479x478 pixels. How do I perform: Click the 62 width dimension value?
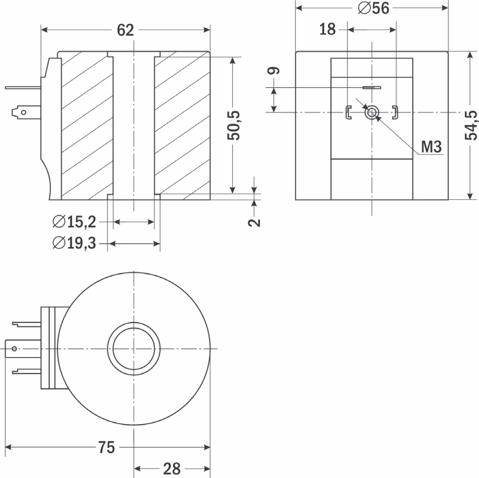pyautogui.click(x=125, y=31)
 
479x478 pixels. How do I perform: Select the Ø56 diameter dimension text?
pyautogui.click(x=374, y=8)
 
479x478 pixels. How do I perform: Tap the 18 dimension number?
pyautogui.click(x=327, y=29)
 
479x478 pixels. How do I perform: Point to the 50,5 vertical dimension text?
pyautogui.click(x=234, y=126)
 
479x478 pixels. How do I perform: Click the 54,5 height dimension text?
pyautogui.click(x=471, y=126)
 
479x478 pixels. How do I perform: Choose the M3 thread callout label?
pyautogui.click(x=431, y=147)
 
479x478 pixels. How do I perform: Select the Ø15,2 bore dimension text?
pyautogui.click(x=74, y=221)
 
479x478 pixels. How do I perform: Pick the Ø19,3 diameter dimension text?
pyautogui.click(x=74, y=243)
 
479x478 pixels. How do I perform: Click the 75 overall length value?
pyautogui.click(x=107, y=447)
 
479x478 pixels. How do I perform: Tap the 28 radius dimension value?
pyautogui.click(x=172, y=469)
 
